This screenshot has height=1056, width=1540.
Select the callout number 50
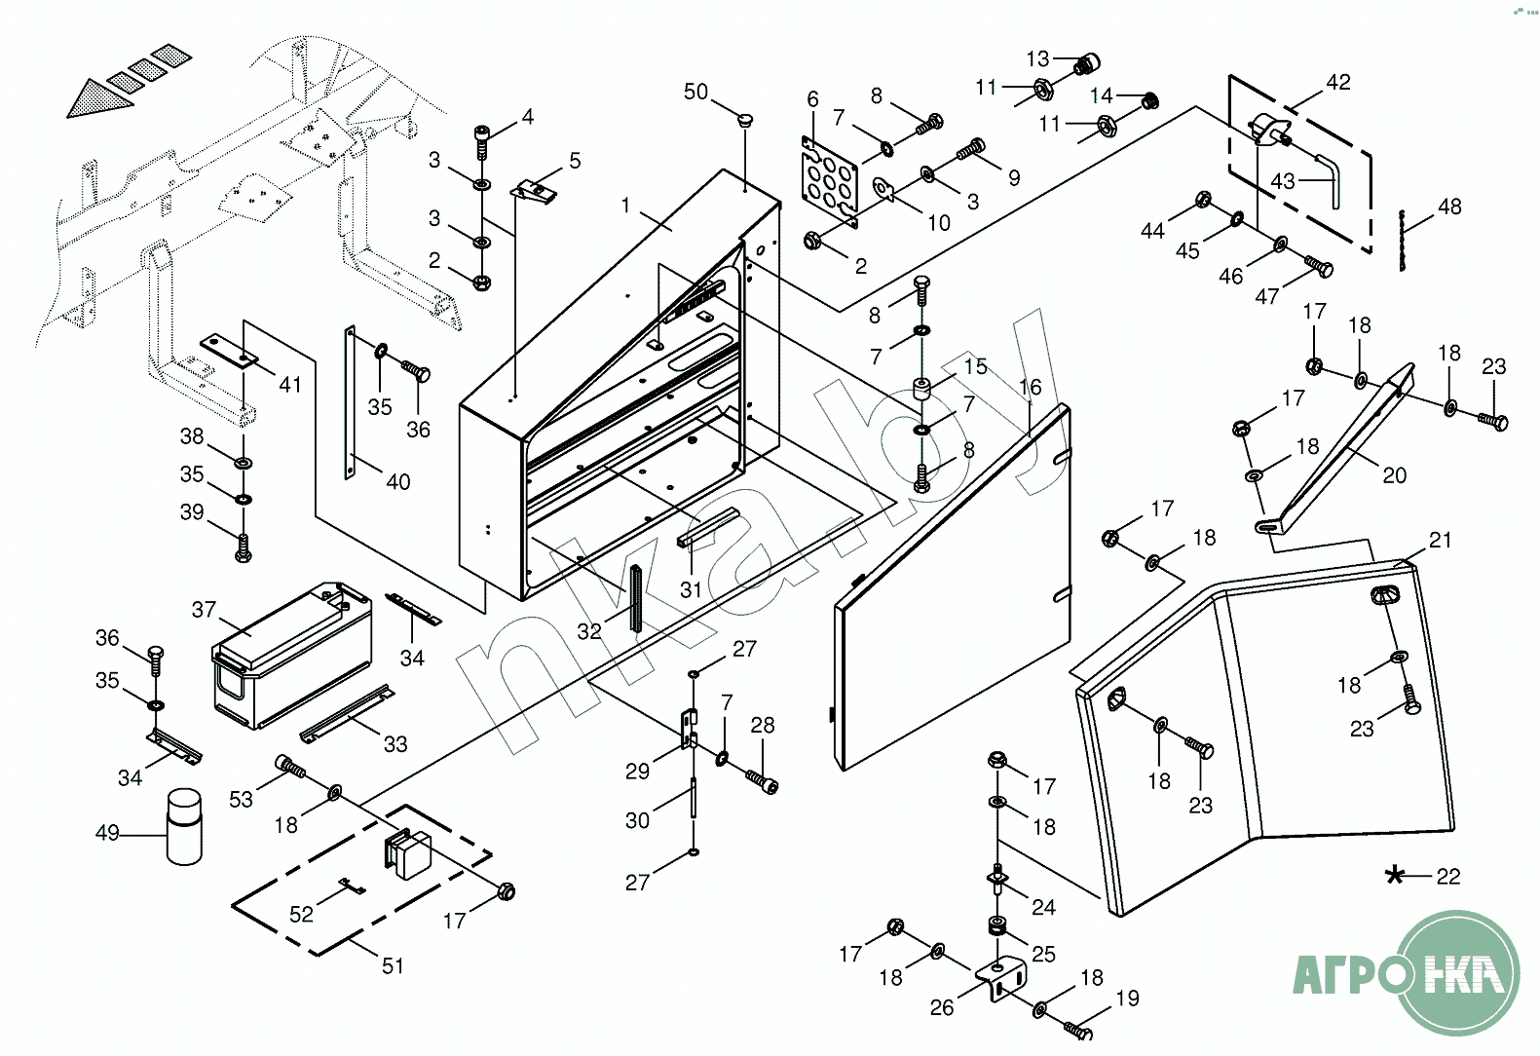point(695,92)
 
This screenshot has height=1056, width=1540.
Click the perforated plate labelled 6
point(830,181)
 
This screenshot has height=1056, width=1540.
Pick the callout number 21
point(1440,540)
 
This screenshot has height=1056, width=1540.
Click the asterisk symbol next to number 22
point(1395,875)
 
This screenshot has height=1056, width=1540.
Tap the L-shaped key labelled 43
point(1330,178)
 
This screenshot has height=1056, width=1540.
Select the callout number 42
point(1338,83)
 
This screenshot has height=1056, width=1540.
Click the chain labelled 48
point(1403,240)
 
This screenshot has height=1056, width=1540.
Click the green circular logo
point(1457,972)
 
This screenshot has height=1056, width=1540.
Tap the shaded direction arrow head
point(97,100)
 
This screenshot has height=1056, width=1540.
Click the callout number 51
point(393,965)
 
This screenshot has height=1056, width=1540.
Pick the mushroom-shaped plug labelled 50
point(746,122)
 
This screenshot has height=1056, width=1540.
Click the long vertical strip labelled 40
point(350,402)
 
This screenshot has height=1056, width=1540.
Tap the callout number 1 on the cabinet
point(625,206)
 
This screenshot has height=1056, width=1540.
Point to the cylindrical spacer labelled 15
point(921,389)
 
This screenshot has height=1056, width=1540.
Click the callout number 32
point(589,631)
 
